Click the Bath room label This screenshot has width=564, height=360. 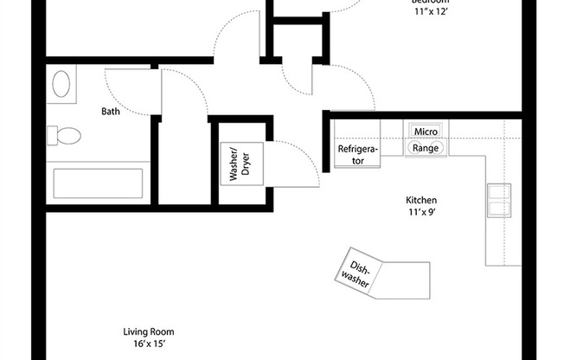pos(111,111)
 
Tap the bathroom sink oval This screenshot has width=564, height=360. pos(62,84)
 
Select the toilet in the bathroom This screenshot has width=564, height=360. pos(65,136)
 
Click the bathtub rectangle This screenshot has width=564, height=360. pos(98,183)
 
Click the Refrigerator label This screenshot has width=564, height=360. pos(357,155)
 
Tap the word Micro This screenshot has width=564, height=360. pos(426,131)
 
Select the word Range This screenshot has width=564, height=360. pos(426,148)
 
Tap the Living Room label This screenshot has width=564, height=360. pos(149,331)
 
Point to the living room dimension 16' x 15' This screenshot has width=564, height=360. pos(149,344)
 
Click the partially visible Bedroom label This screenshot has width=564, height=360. pos(430,3)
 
